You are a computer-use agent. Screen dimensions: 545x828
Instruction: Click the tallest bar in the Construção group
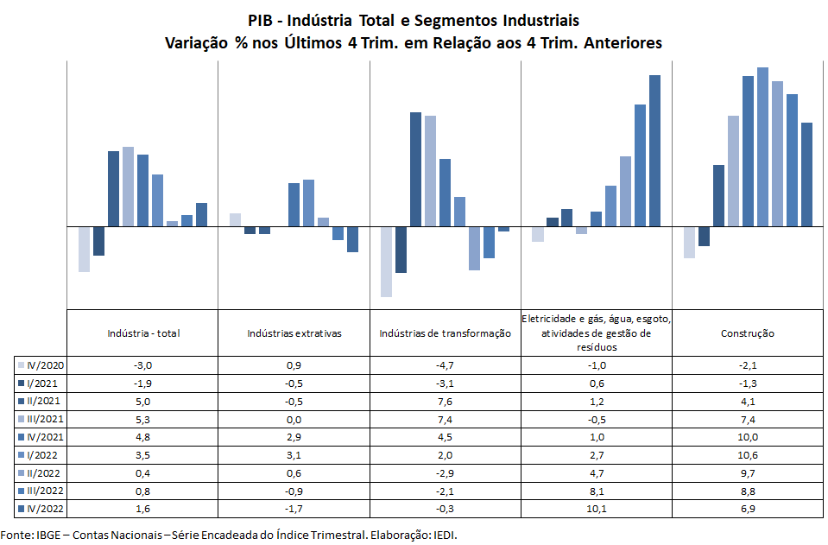pyautogui.click(x=762, y=147)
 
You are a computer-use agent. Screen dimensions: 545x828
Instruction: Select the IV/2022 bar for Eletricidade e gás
pyautogui.click(x=654, y=151)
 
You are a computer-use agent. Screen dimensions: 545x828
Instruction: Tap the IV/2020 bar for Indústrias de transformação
pyautogui.click(x=386, y=262)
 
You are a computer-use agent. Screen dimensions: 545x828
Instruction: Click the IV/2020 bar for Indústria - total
pyautogui.click(x=84, y=250)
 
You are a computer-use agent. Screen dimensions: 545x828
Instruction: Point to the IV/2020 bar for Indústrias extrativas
pyautogui.click(x=235, y=220)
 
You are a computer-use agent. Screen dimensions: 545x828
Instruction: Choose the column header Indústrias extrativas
pyautogui.click(x=294, y=333)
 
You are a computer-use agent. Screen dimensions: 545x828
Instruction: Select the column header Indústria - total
pyautogui.click(x=143, y=333)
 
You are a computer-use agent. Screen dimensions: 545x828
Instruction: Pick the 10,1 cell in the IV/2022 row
pyautogui.click(x=596, y=509)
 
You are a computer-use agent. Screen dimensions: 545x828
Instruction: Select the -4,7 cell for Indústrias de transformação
pyautogui.click(x=445, y=364)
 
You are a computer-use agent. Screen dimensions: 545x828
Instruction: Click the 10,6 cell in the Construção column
pyautogui.click(x=747, y=454)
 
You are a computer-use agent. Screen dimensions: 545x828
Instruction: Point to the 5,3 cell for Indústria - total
pyautogui.click(x=142, y=419)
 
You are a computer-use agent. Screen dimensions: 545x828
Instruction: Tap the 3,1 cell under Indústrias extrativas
pyautogui.click(x=294, y=454)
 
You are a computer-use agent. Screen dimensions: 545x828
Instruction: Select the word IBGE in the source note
pyautogui.click(x=48, y=535)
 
